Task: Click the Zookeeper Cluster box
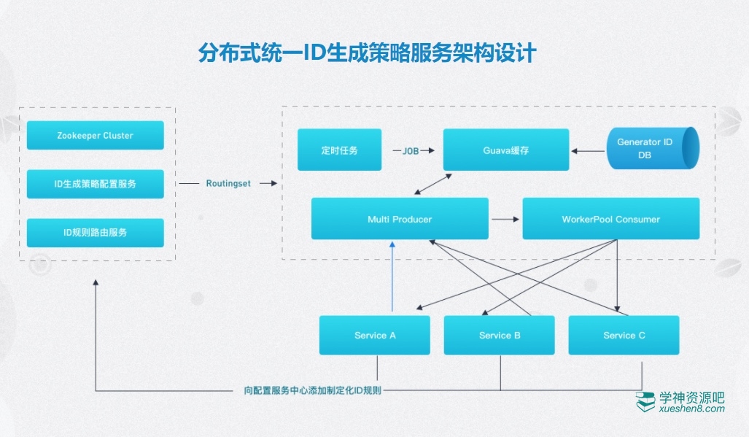click(x=95, y=136)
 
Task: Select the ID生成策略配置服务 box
click(x=95, y=184)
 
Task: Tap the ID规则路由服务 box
click(x=95, y=233)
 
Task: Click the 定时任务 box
click(x=339, y=150)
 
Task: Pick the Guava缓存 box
click(x=506, y=150)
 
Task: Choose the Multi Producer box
click(x=400, y=219)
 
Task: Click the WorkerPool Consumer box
click(x=610, y=219)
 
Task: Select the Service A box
click(x=375, y=336)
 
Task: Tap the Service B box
click(x=500, y=336)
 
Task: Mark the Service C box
click(x=624, y=336)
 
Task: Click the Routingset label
click(x=228, y=184)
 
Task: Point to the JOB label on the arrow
click(x=411, y=150)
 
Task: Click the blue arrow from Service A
click(x=393, y=277)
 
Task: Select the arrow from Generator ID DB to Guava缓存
click(x=587, y=151)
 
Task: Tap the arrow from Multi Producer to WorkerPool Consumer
click(x=505, y=219)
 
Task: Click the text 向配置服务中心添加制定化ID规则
click(x=313, y=390)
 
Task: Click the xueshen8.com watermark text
click(x=691, y=409)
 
